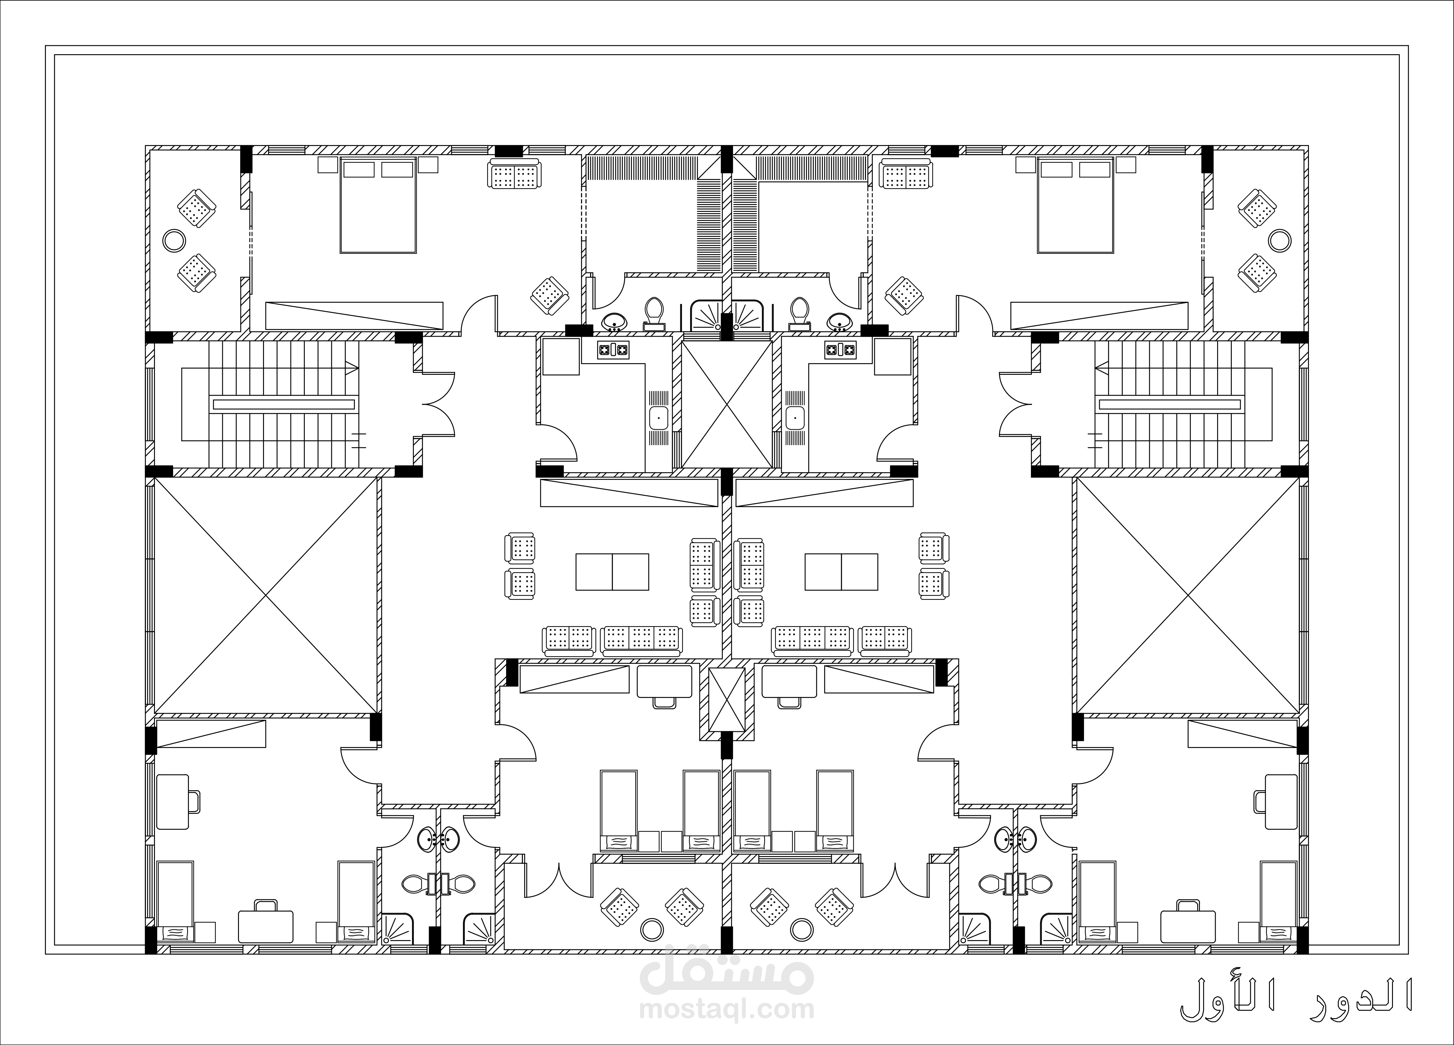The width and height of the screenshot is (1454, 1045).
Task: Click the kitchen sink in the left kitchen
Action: (x=658, y=418)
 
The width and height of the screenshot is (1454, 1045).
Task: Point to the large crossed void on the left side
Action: (x=265, y=596)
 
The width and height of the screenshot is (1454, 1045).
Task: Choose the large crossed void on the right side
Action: (x=1188, y=596)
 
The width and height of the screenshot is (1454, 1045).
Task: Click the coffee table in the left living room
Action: (x=612, y=572)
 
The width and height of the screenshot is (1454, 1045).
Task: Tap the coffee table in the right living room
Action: (x=841, y=572)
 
